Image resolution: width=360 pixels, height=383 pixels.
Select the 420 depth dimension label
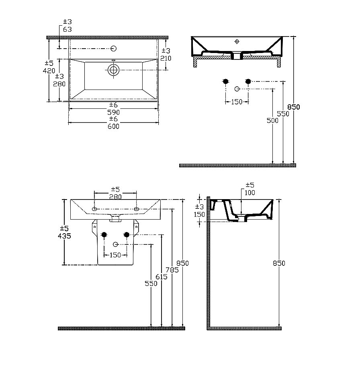(49, 71)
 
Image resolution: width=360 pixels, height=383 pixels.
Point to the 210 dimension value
(166, 58)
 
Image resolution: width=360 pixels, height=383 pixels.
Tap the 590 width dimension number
(113, 112)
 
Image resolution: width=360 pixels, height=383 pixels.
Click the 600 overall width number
(113, 126)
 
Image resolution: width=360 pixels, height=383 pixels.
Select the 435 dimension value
(64, 236)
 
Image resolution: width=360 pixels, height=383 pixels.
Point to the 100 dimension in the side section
(250, 192)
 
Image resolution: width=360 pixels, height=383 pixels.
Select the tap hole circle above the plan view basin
(114, 49)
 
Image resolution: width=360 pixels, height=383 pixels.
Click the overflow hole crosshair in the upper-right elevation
(237, 41)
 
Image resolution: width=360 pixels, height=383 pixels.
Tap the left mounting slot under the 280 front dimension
(94, 210)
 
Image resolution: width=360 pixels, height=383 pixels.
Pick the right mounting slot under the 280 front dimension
(136, 210)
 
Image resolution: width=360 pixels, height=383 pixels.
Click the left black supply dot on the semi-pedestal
(105, 235)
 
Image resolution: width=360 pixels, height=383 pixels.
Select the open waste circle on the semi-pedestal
(116, 244)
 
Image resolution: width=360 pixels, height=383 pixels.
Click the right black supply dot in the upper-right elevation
(248, 81)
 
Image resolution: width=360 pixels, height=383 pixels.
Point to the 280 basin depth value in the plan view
(59, 84)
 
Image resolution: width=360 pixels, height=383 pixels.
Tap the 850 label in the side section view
(279, 263)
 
